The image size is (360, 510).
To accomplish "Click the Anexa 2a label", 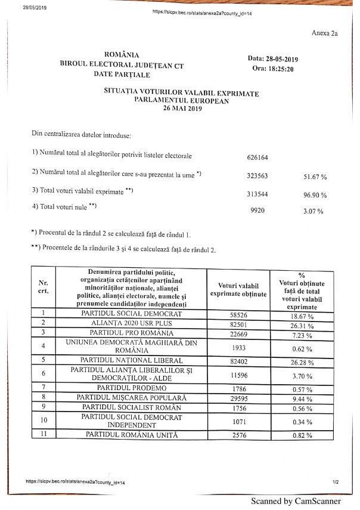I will click(324, 34).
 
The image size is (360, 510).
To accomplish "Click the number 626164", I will click(257, 158).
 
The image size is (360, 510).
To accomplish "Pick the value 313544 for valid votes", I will click(257, 194).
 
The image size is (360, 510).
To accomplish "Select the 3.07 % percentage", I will click(316, 211).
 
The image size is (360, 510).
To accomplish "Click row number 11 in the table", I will click(43, 436).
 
